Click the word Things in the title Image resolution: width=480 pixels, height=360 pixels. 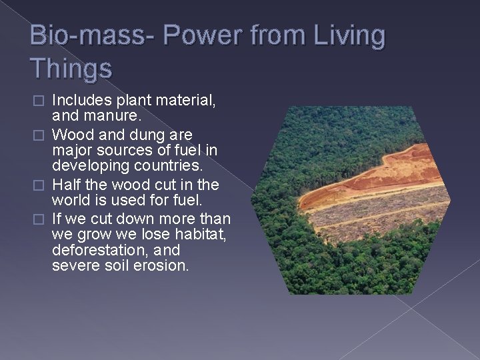(x=71, y=67)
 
